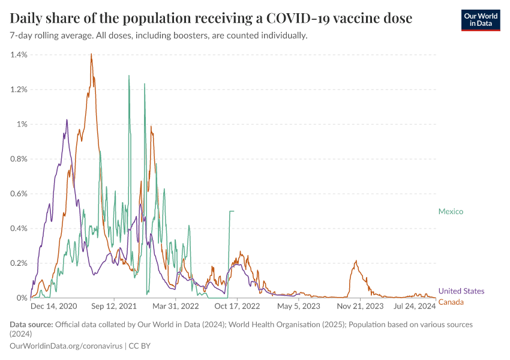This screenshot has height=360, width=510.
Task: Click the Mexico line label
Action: (x=451, y=211)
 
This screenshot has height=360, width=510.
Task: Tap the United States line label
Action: (x=461, y=291)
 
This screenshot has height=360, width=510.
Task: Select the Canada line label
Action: (x=451, y=302)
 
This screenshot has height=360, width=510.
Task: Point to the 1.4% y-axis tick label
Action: (x=19, y=55)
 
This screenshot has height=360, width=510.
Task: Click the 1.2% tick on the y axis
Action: (x=19, y=89)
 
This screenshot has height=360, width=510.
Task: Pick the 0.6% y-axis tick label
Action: (x=19, y=194)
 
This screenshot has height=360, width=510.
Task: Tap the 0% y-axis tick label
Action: (x=22, y=298)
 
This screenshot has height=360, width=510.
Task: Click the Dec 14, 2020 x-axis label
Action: (x=53, y=306)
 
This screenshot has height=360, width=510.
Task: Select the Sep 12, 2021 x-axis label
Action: (x=115, y=306)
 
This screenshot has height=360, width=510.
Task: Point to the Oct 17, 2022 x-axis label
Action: (x=237, y=306)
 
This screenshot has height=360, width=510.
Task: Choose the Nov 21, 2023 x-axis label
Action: (x=360, y=306)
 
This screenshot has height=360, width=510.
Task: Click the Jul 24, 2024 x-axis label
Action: (x=415, y=306)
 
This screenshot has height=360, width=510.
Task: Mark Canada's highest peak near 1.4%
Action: (x=91, y=55)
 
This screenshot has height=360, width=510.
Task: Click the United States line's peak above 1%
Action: (x=67, y=120)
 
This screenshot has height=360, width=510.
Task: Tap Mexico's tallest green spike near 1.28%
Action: (x=128, y=76)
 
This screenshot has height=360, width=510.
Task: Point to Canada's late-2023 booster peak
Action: (x=356, y=261)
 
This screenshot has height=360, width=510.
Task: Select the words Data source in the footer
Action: (x=31, y=325)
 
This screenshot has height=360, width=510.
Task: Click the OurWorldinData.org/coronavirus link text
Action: (x=65, y=346)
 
